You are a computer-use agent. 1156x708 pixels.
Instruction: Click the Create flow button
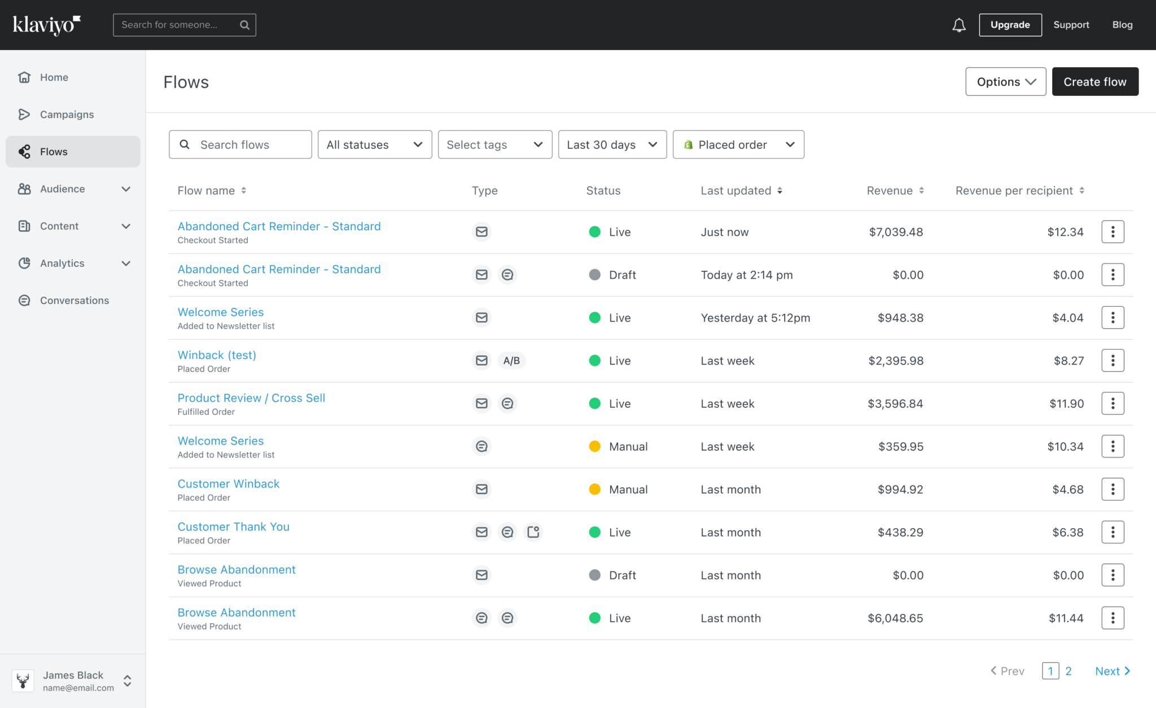pyautogui.click(x=1094, y=82)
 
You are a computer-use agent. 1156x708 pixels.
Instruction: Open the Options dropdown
pyautogui.click(x=1005, y=82)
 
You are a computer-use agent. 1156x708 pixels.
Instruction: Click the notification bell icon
pyautogui.click(x=958, y=25)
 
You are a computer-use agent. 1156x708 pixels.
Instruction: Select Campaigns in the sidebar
pyautogui.click(x=67, y=115)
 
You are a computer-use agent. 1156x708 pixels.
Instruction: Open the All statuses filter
pyautogui.click(x=374, y=145)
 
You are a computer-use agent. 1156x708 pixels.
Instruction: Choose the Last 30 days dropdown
pyautogui.click(x=612, y=145)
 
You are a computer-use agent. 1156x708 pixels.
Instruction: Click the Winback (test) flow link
pyautogui.click(x=217, y=355)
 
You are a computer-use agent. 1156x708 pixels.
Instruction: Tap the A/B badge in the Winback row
pyautogui.click(x=511, y=360)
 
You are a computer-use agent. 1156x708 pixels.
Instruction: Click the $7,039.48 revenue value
pyautogui.click(x=896, y=232)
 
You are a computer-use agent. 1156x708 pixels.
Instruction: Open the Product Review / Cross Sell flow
pyautogui.click(x=251, y=398)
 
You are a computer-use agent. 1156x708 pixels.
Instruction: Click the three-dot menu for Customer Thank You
pyautogui.click(x=1113, y=532)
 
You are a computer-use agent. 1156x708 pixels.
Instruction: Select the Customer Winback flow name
pyautogui.click(x=229, y=483)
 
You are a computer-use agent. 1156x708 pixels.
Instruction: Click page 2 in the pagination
pyautogui.click(x=1068, y=671)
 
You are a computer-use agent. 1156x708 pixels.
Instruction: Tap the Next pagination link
pyautogui.click(x=1111, y=671)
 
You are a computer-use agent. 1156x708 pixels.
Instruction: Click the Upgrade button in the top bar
pyautogui.click(x=1010, y=25)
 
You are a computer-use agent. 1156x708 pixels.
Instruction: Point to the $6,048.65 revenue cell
pyautogui.click(x=895, y=618)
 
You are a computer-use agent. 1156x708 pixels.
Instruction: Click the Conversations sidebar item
pyautogui.click(x=74, y=301)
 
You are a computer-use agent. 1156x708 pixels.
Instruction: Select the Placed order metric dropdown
pyautogui.click(x=738, y=145)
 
